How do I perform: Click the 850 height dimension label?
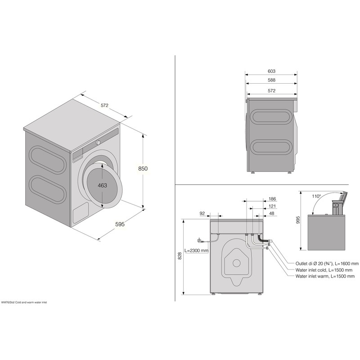[143, 169]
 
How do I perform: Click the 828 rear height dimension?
[180, 256]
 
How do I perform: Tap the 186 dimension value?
[272, 198]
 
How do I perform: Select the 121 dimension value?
[272, 206]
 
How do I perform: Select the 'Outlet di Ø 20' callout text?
[327, 263]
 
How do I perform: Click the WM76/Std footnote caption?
[30, 302]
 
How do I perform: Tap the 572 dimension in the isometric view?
[104, 105]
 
